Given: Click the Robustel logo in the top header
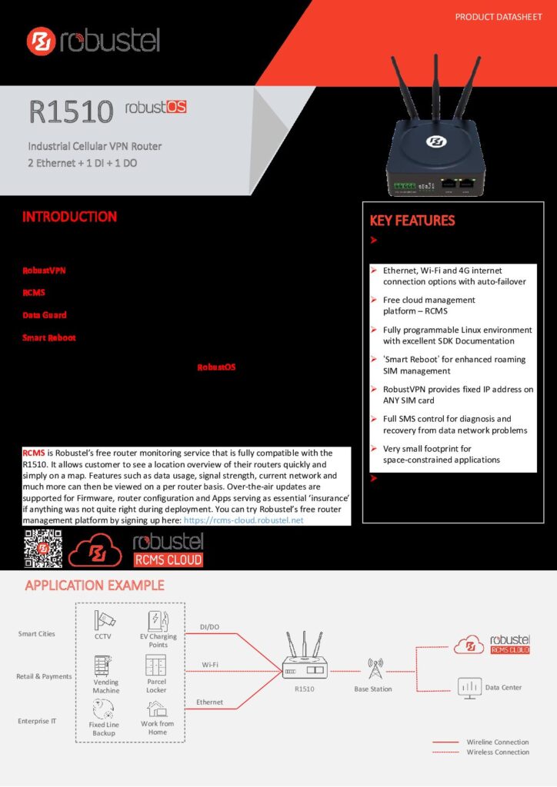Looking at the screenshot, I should [93, 42].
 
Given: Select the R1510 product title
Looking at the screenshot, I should [72, 111].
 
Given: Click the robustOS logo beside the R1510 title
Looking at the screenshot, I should [155, 108].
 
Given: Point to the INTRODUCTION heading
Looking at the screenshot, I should [69, 217].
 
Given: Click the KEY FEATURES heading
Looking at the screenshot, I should [412, 221].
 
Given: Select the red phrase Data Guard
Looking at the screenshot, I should [44, 315].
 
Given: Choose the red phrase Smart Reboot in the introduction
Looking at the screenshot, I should [49, 337].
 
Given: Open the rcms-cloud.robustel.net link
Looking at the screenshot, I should [244, 520].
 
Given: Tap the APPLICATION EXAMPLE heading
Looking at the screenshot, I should [95, 586].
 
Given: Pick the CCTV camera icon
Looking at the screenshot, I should [103, 620].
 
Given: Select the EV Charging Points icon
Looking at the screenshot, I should [158, 620].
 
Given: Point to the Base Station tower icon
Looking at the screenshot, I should [375, 669].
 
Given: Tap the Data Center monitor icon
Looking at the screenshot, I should [469, 686].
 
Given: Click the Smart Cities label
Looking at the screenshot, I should [37, 634].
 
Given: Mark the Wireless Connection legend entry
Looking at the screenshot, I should [498, 752].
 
